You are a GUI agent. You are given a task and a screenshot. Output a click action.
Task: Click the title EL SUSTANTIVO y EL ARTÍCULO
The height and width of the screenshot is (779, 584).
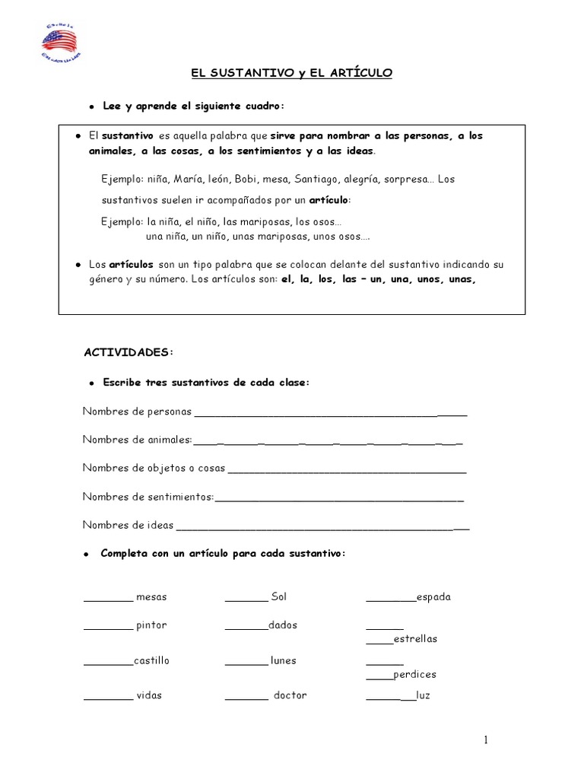291,73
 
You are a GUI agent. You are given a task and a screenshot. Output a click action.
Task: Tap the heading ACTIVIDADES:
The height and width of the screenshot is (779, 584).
129,352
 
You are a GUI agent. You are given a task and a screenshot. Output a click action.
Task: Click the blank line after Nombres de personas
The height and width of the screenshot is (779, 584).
331,415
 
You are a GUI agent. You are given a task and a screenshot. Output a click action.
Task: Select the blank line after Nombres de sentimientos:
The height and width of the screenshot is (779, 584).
339,499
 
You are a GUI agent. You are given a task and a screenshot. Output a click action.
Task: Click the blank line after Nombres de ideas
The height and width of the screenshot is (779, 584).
322,527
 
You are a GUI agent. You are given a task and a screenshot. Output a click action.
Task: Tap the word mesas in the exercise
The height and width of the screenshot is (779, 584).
151,597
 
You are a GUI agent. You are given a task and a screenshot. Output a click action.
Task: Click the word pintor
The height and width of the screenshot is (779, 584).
151,625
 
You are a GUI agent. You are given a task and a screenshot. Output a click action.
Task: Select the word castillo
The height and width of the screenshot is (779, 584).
151,661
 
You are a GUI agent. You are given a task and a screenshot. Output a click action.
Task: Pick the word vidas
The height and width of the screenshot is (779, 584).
149,696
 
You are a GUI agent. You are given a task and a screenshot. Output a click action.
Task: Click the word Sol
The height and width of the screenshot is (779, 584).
278,597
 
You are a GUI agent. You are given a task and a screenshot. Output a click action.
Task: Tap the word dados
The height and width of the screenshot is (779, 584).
283,625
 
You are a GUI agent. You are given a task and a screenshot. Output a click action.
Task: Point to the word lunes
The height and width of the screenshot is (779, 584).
283,661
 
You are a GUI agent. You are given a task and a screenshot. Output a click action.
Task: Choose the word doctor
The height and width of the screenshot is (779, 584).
290,696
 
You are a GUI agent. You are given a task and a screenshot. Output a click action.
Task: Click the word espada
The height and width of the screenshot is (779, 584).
433,597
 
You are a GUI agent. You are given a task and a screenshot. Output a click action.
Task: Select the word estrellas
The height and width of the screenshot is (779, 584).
415,639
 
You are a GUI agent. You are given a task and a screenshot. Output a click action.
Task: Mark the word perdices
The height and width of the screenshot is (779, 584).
414,675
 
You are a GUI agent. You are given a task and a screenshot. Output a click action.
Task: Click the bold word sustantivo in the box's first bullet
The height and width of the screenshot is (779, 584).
125,135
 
